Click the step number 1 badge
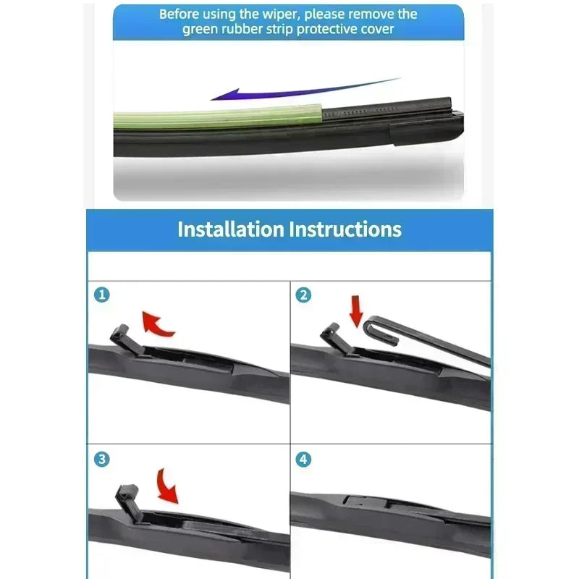coord(103,295)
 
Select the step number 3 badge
coord(103,459)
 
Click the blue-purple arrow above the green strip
coord(304,90)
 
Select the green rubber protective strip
coord(217,118)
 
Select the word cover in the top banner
coord(379,30)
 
